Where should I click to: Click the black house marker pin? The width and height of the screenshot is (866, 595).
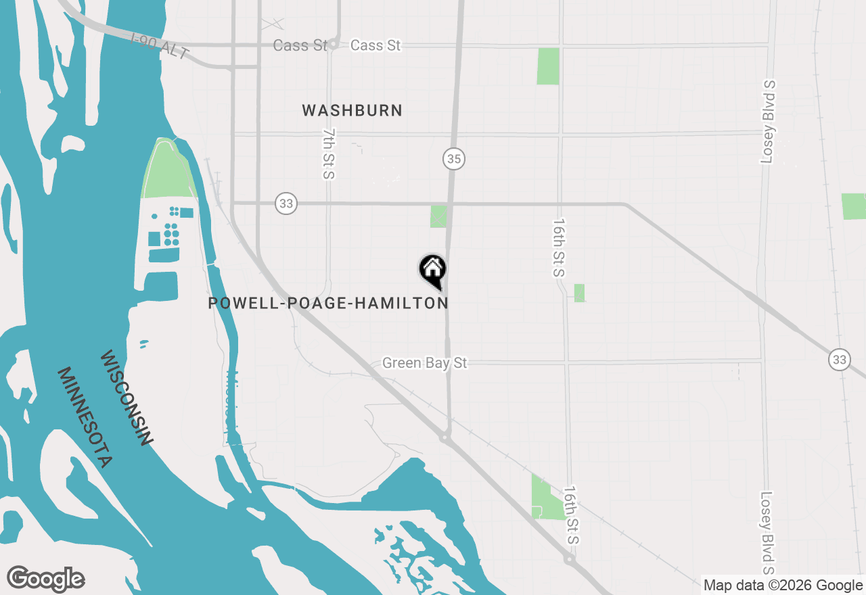tap(433, 270)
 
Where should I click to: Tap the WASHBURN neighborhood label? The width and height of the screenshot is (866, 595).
tap(352, 110)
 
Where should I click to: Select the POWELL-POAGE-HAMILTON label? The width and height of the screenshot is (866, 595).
tap(328, 303)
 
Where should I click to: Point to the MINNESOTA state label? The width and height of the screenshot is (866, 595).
tap(84, 417)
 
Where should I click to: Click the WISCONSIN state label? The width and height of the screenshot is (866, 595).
tap(125, 398)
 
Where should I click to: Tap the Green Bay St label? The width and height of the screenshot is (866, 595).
tap(424, 363)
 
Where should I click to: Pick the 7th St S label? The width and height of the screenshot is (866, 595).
tap(329, 153)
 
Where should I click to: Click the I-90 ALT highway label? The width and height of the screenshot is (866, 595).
tap(160, 47)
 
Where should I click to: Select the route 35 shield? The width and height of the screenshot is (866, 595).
tap(454, 160)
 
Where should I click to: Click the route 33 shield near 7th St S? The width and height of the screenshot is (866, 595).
tap(286, 203)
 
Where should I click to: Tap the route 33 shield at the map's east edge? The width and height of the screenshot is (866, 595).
tap(840, 360)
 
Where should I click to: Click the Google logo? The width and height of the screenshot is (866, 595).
tap(46, 579)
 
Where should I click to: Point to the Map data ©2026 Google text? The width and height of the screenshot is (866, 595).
tap(783, 586)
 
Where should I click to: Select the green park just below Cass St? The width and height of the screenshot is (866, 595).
tap(548, 66)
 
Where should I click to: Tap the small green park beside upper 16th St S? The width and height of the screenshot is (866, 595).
tap(579, 293)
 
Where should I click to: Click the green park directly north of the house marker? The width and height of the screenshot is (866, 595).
tap(438, 216)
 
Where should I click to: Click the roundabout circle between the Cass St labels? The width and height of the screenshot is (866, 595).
tap(334, 45)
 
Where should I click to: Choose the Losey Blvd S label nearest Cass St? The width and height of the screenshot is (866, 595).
tap(768, 122)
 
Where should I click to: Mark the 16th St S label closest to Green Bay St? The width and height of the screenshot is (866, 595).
tap(558, 247)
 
